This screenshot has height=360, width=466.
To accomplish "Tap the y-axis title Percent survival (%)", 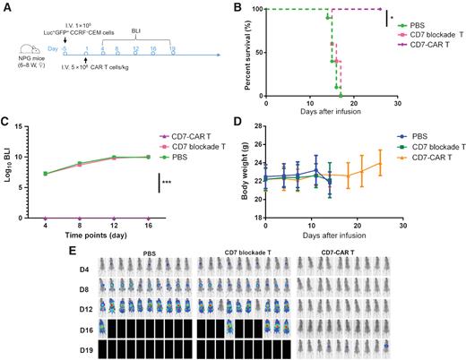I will (248, 52).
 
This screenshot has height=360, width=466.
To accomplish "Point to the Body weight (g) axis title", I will (248, 170).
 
